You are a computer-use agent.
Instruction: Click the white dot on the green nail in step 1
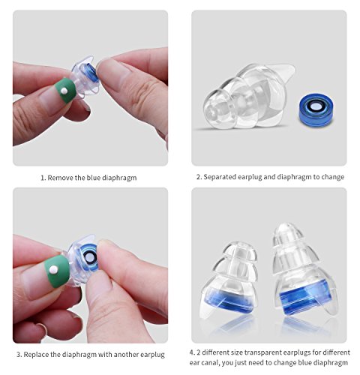coord(64,91)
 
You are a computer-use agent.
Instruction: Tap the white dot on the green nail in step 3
coord(53,269)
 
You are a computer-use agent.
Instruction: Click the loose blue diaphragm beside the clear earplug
coord(316,109)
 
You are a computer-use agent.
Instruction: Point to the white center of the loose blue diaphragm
coord(316,107)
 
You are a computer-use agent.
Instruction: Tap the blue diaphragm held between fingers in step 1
coord(91,72)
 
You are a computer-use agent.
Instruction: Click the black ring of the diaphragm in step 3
coord(88,255)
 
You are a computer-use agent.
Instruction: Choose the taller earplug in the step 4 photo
coord(304,271)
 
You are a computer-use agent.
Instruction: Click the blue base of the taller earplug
coord(305,295)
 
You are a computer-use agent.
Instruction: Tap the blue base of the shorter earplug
coord(229,300)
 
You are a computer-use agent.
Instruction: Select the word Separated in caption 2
coord(220,177)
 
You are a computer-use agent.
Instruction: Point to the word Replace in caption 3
coord(36,355)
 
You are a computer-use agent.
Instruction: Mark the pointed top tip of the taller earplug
coord(285,224)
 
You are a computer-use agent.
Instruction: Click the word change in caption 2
coord(332,177)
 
